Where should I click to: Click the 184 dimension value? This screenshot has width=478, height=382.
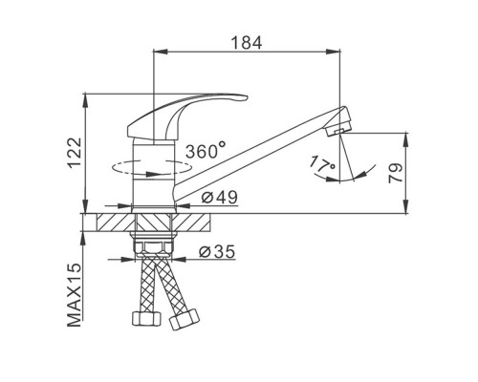[x=247, y=43]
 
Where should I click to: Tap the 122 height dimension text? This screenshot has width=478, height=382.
[x=76, y=153]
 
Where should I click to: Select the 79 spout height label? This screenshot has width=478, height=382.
[x=396, y=173]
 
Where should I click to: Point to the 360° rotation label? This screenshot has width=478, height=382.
[x=206, y=151]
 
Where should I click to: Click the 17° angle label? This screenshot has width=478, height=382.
[x=322, y=163]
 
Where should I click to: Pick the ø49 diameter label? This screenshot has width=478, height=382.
[x=220, y=198]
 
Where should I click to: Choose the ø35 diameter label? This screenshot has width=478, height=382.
[x=217, y=251]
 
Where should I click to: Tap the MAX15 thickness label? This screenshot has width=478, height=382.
[x=75, y=295]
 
